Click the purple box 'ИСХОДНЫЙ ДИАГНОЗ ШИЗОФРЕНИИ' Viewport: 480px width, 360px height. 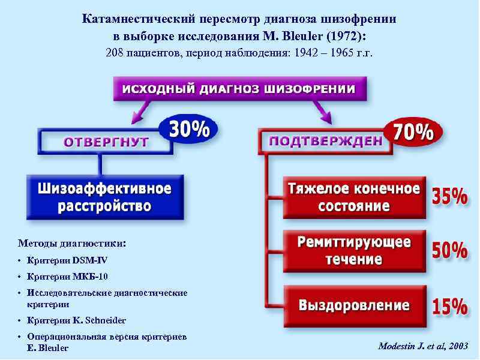pyautogui.click(x=239, y=89)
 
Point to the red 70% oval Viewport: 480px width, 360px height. pyautogui.click(x=413, y=133)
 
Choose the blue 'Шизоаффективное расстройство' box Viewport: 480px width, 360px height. pyautogui.click(x=104, y=197)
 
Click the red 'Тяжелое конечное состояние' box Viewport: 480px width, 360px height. pyautogui.click(x=354, y=197)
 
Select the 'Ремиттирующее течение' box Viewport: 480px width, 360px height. pyautogui.click(x=354, y=251)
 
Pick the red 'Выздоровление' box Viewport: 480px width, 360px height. pyautogui.click(x=354, y=305)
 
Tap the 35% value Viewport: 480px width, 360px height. pyautogui.click(x=450, y=197)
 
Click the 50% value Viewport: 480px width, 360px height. pyautogui.click(x=450, y=251)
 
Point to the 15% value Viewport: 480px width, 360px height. pyautogui.click(x=450, y=307)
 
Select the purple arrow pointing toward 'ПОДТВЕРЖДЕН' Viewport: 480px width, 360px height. pyautogui.click(x=325, y=109)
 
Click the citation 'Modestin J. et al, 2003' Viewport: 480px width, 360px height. pyautogui.click(x=422, y=347)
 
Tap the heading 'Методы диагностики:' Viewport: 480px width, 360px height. pyautogui.click(x=72, y=244)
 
